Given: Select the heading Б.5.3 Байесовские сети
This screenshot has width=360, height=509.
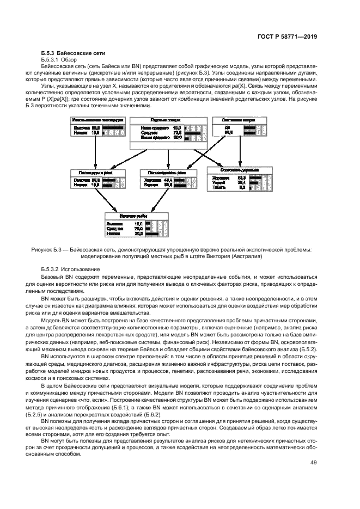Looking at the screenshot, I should pos(73,53).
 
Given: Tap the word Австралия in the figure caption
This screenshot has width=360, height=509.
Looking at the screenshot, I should pos(248,256).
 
